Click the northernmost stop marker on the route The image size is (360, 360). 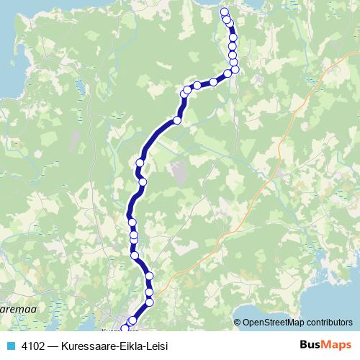pyautogui.click(x=224, y=12)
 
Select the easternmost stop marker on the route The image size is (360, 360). pyautogui.click(x=235, y=69)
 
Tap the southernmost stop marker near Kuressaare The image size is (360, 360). pyautogui.click(x=125, y=328)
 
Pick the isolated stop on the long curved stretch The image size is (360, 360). pyautogui.click(x=177, y=120)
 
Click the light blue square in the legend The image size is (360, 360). pyautogui.click(x=10, y=346)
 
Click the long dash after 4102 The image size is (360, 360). pyautogui.click(x=55, y=346)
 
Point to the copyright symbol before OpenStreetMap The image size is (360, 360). pyautogui.click(x=238, y=323)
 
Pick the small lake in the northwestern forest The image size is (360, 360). pyautogui.click(x=81, y=89)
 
